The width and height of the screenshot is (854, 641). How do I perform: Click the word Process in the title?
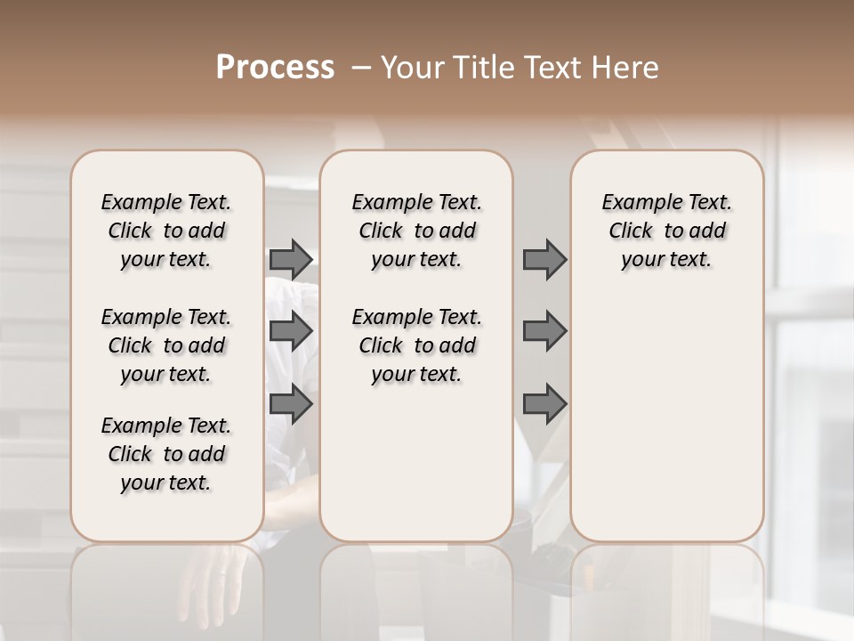(275, 68)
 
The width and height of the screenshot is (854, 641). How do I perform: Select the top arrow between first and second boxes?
(291, 259)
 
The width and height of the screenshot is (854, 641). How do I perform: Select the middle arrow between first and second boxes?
(291, 332)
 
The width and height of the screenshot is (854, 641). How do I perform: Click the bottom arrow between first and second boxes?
(291, 405)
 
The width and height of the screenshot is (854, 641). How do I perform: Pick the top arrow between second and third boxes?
(544, 259)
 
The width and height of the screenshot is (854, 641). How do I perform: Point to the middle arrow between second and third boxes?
(544, 332)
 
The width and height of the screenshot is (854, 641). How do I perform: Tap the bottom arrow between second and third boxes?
(544, 405)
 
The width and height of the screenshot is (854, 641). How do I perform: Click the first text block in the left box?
(166, 231)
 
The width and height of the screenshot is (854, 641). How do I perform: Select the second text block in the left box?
(166, 345)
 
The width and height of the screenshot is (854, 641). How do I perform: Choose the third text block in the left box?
(166, 454)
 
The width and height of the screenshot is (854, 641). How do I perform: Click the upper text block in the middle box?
(416, 231)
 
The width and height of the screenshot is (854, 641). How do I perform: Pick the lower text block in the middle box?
(416, 345)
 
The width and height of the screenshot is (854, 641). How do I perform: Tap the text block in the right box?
(667, 231)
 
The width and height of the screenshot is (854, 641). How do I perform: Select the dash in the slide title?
(361, 68)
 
